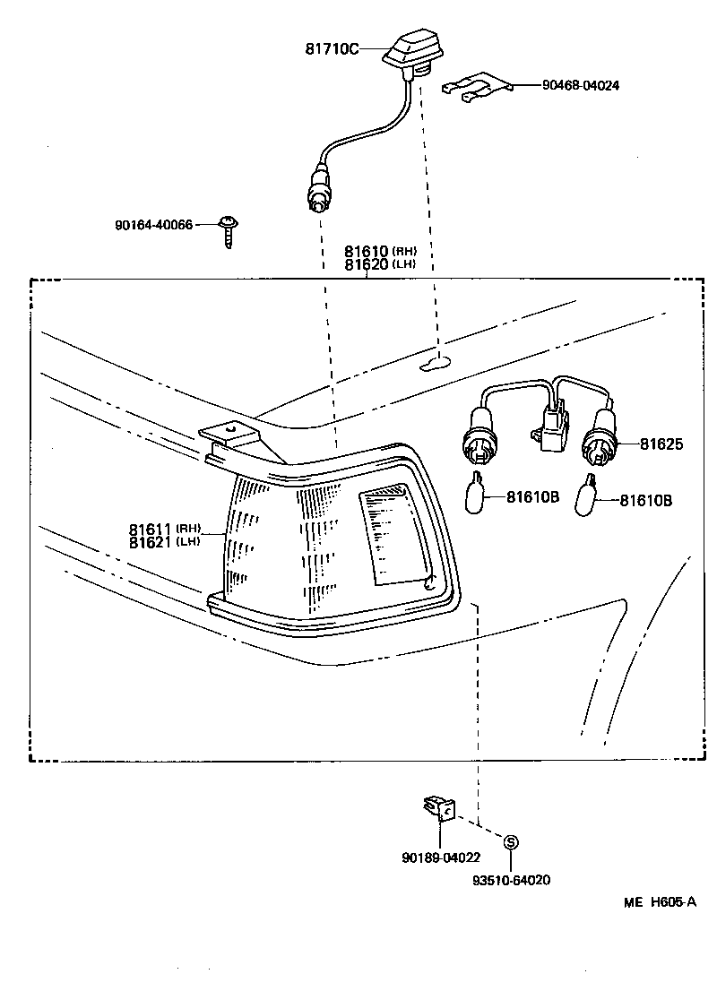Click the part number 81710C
[332, 49]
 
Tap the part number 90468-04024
[580, 86]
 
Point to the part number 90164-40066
[153, 225]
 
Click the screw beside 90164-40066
[229, 230]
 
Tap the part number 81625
[662, 444]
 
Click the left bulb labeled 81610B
[479, 492]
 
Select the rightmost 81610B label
[645, 500]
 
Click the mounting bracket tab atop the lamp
[231, 438]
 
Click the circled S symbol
[511, 842]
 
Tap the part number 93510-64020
[511, 880]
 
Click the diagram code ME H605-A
[660, 902]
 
